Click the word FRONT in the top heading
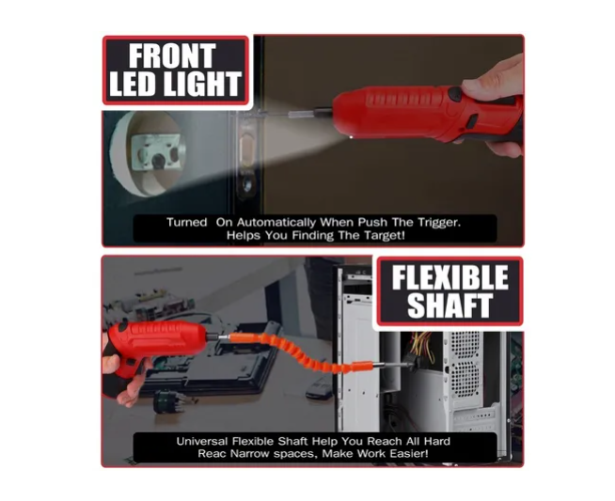click(x=172, y=55)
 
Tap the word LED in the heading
click(x=133, y=84)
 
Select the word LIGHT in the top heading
click(x=202, y=84)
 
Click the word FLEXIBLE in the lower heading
click(x=449, y=277)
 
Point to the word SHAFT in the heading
click(x=449, y=305)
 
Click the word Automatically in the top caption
click(x=276, y=223)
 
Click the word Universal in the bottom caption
click(x=201, y=442)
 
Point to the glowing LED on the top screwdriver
click(x=350, y=137)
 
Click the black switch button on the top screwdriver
click(x=455, y=94)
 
